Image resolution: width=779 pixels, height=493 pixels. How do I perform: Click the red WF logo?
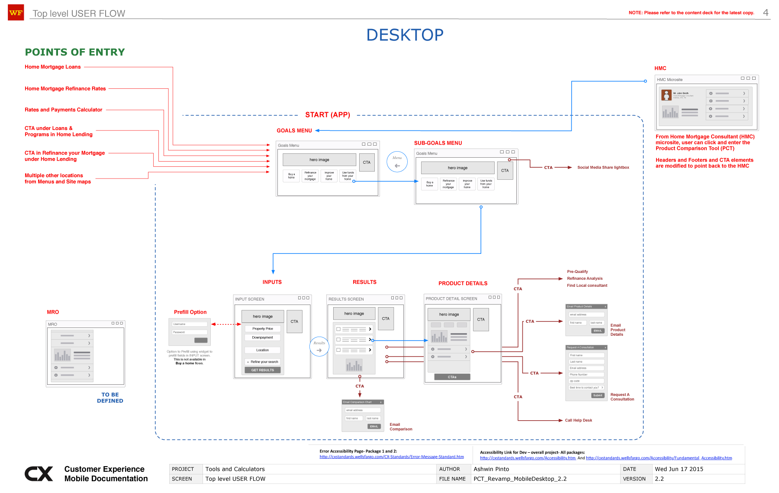(x=16, y=13)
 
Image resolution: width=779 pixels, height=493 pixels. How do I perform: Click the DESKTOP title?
(x=405, y=35)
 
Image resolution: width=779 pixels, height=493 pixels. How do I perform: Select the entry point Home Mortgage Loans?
(x=52, y=67)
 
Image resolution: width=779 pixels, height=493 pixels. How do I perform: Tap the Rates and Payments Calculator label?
(x=63, y=110)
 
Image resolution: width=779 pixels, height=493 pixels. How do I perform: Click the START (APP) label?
(x=328, y=115)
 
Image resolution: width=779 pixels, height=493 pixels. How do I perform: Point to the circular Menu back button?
(x=397, y=162)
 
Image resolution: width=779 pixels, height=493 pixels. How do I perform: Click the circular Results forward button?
(x=319, y=347)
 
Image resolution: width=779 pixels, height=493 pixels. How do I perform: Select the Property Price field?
(x=263, y=329)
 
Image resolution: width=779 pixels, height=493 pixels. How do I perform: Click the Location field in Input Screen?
(x=263, y=350)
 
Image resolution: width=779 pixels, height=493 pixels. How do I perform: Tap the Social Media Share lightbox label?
(x=603, y=167)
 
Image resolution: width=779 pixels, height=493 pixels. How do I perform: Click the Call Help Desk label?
(x=578, y=420)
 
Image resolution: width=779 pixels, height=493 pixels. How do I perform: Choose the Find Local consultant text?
(x=587, y=285)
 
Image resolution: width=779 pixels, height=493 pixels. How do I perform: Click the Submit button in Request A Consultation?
(x=598, y=396)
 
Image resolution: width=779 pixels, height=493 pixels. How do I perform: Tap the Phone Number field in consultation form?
(x=586, y=375)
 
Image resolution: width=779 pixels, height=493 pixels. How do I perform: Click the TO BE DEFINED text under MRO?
(x=110, y=398)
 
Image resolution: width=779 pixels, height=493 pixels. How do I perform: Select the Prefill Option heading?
(x=190, y=312)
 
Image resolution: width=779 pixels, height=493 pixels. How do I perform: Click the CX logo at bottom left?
(x=39, y=474)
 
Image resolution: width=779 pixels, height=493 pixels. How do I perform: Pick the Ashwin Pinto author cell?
(x=491, y=469)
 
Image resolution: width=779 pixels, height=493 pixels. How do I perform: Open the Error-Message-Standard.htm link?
(x=392, y=457)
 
